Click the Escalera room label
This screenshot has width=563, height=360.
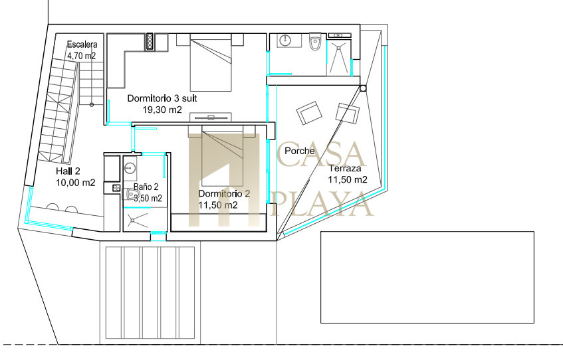[82, 45]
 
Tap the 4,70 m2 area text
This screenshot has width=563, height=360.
[82, 56]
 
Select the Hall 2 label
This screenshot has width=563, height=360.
[68, 171]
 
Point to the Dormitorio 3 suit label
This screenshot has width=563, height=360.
[162, 98]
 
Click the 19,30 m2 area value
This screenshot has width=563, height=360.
[162, 110]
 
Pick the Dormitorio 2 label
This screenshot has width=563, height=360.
[224, 194]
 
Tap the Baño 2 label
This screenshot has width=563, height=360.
[146, 187]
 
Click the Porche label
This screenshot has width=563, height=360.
[300, 151]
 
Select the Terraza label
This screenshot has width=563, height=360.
[345, 168]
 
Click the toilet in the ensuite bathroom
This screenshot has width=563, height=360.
[315, 41]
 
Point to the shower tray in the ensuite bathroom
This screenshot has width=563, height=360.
[338, 57]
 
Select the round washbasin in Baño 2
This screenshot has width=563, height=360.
[130, 167]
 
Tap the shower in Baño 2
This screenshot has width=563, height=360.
[137, 220]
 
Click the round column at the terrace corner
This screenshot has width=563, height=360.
[363, 88]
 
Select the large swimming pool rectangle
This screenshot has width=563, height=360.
[427, 277]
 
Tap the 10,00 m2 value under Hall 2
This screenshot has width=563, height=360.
[76, 183]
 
